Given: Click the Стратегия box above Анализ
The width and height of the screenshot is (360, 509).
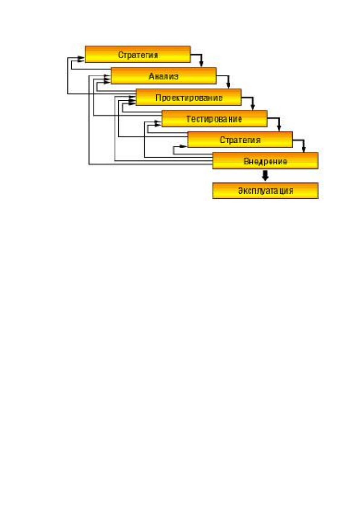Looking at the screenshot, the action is [138, 54].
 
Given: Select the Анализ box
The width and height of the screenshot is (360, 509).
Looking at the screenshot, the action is [164, 76].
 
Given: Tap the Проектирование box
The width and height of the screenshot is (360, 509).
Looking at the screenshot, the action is [189, 97].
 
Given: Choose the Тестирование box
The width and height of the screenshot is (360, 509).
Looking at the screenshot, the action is [215, 118].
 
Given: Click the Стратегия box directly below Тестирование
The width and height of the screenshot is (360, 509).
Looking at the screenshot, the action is [240, 140].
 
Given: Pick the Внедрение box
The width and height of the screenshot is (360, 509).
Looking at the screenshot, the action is [265, 161].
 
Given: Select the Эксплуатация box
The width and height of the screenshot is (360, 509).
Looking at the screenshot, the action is [265, 191].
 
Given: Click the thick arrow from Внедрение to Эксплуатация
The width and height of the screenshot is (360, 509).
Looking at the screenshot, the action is [265, 175].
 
